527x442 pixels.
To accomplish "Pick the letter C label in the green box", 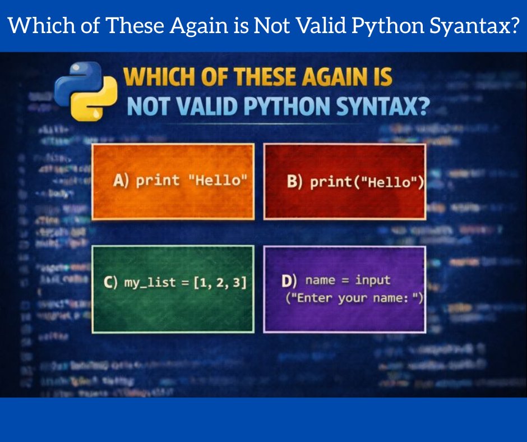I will (110, 283).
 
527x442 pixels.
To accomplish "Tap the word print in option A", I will (158, 181).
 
